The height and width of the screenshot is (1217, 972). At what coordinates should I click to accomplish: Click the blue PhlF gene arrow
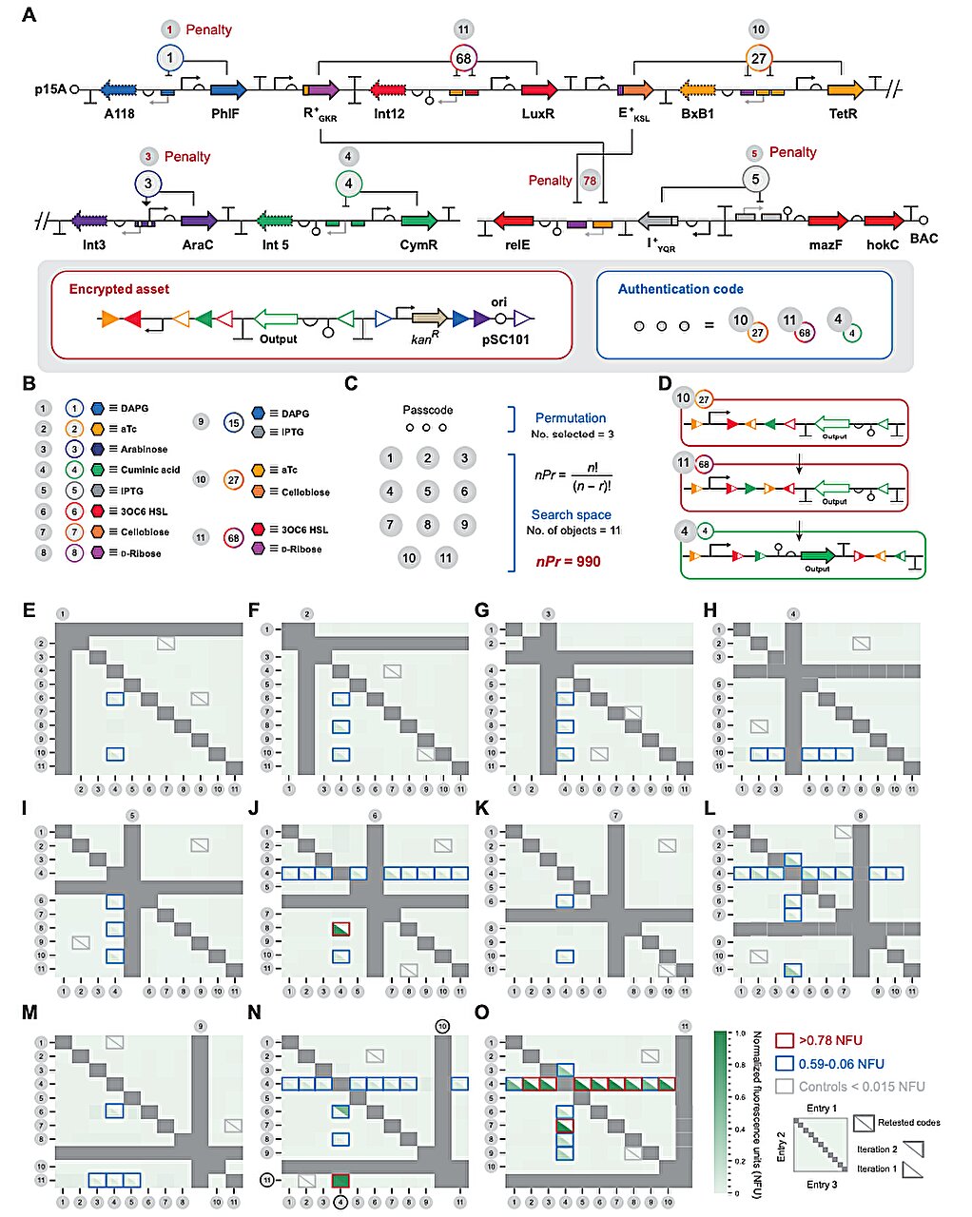tap(227, 89)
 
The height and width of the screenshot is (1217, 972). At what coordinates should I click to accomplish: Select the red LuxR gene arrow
tap(539, 90)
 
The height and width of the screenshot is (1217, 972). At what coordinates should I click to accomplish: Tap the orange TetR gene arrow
tap(845, 90)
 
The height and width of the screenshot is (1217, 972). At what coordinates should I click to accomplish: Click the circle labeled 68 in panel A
tap(463, 58)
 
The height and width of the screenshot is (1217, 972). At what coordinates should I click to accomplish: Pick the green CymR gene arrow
tap(418, 221)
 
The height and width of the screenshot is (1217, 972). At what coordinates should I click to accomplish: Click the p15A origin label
tap(50, 89)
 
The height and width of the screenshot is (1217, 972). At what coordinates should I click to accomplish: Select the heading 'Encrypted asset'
tap(119, 289)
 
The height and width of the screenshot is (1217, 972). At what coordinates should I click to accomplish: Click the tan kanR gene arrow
tap(429, 319)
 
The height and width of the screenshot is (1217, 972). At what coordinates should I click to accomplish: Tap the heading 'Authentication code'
tap(681, 289)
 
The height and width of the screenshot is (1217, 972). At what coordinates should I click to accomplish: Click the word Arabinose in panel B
tap(144, 449)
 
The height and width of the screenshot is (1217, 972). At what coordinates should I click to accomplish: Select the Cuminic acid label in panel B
tap(150, 470)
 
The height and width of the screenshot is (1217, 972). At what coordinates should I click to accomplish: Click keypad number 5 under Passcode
tap(428, 491)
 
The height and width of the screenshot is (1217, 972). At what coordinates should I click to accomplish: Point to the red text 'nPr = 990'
tap(568, 562)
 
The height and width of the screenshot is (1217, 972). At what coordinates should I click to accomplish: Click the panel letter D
tap(666, 383)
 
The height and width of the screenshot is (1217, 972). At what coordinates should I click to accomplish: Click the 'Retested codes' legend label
tap(908, 1123)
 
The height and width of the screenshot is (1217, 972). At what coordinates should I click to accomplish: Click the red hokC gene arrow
tap(884, 221)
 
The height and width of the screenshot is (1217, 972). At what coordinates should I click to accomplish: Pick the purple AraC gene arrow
tap(199, 221)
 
